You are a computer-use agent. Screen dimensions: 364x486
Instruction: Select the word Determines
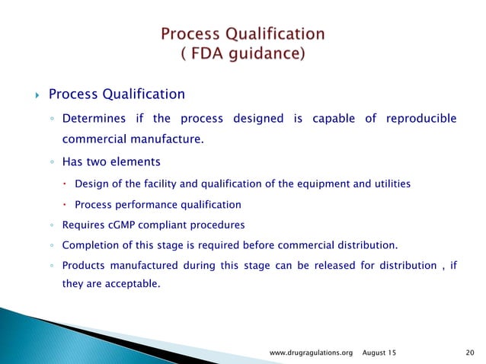click(94, 119)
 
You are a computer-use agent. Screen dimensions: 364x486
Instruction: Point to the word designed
click(256, 119)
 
